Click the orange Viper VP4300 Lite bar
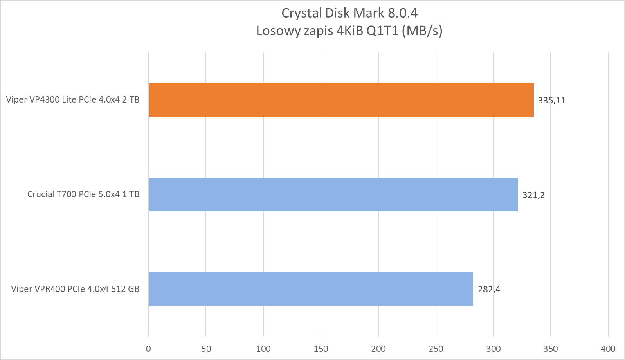click(x=341, y=100)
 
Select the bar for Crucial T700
click(x=333, y=194)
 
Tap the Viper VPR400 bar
click(x=311, y=289)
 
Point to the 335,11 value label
click(x=551, y=100)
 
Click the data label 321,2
click(x=533, y=195)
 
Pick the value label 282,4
click(x=489, y=290)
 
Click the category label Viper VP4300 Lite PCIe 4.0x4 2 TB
click(x=73, y=100)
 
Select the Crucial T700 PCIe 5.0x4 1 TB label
click(x=83, y=194)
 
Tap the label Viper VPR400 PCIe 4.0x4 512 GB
click(x=75, y=289)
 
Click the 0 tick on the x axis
click(x=148, y=349)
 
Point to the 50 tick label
click(x=206, y=349)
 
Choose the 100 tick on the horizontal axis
click(x=263, y=349)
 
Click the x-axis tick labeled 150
click(x=321, y=349)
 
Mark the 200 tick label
click(x=378, y=349)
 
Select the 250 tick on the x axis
click(x=436, y=349)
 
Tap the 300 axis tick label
click(x=493, y=349)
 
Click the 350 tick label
click(x=551, y=349)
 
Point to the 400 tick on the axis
click(x=608, y=349)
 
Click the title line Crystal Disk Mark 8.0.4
click(x=349, y=13)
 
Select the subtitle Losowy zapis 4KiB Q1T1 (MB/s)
click(x=349, y=31)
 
